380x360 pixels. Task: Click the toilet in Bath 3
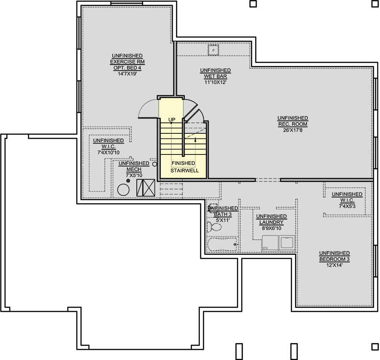(x=214, y=227)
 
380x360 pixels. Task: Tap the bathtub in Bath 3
(x=222, y=244)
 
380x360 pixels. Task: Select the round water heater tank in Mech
(x=123, y=189)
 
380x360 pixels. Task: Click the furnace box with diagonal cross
(x=146, y=187)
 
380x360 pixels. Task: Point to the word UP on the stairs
(x=172, y=120)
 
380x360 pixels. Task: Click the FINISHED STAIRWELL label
(x=185, y=167)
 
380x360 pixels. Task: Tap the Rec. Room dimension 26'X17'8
(x=293, y=130)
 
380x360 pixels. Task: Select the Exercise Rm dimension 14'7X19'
(x=127, y=74)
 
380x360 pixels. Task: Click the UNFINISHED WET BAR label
(x=215, y=73)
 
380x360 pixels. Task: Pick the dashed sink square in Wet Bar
(x=213, y=50)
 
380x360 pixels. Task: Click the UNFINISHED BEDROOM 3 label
(x=334, y=256)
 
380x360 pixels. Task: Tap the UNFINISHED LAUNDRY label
(x=271, y=219)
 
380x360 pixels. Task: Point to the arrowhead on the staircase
(x=195, y=139)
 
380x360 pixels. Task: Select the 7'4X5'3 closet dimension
(x=347, y=206)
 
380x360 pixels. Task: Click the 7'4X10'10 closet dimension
(x=109, y=153)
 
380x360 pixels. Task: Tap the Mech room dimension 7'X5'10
(x=134, y=176)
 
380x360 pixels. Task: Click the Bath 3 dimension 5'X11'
(x=223, y=220)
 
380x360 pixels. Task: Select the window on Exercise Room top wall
(x=127, y=3)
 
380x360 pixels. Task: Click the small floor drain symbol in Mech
(x=128, y=181)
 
